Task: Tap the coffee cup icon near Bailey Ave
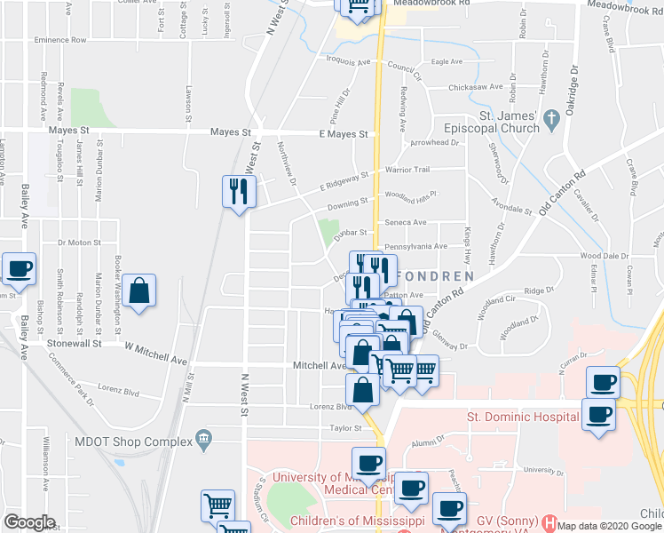click(19, 268)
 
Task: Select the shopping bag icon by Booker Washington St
click(139, 290)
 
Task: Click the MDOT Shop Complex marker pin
click(205, 437)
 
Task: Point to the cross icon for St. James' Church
click(550, 117)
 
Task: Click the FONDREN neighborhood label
click(435, 276)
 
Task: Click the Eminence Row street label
click(60, 40)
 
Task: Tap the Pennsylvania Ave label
click(415, 246)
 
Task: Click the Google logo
click(29, 522)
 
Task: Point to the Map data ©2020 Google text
click(609, 525)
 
